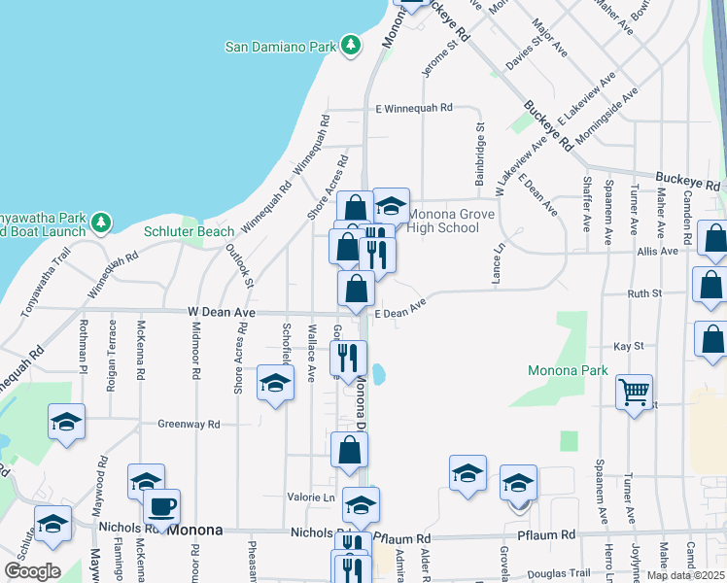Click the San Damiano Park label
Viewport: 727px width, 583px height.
point(280,46)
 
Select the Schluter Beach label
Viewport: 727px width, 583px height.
point(190,231)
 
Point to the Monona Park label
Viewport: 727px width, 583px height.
point(568,370)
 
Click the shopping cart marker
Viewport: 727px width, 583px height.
point(634,392)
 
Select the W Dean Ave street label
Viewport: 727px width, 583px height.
point(221,312)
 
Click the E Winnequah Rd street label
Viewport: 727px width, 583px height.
point(414,108)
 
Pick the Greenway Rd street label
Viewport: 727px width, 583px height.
point(190,424)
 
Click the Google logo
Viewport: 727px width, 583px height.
point(32,570)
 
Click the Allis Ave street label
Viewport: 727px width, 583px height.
point(657,251)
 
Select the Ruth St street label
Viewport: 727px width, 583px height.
point(644,292)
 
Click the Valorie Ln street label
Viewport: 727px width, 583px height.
point(310,497)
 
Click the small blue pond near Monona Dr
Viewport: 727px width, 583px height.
point(379,374)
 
